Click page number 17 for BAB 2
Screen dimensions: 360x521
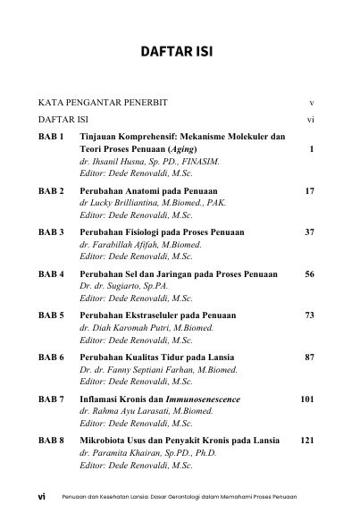(309, 191)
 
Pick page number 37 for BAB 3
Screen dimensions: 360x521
(309, 232)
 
